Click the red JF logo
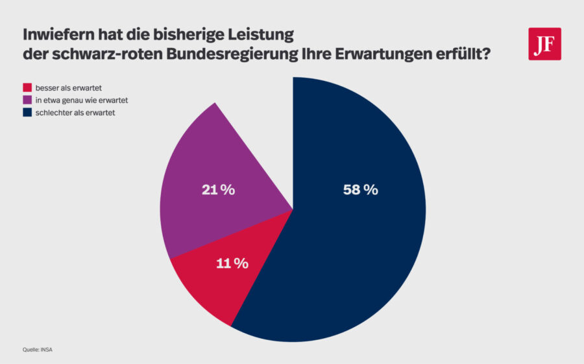click(x=544, y=44)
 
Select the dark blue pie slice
click(x=363, y=246)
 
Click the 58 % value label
click(x=360, y=190)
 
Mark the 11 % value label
click(x=231, y=263)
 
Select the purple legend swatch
click(x=27, y=100)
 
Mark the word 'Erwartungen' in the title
click(x=378, y=54)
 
